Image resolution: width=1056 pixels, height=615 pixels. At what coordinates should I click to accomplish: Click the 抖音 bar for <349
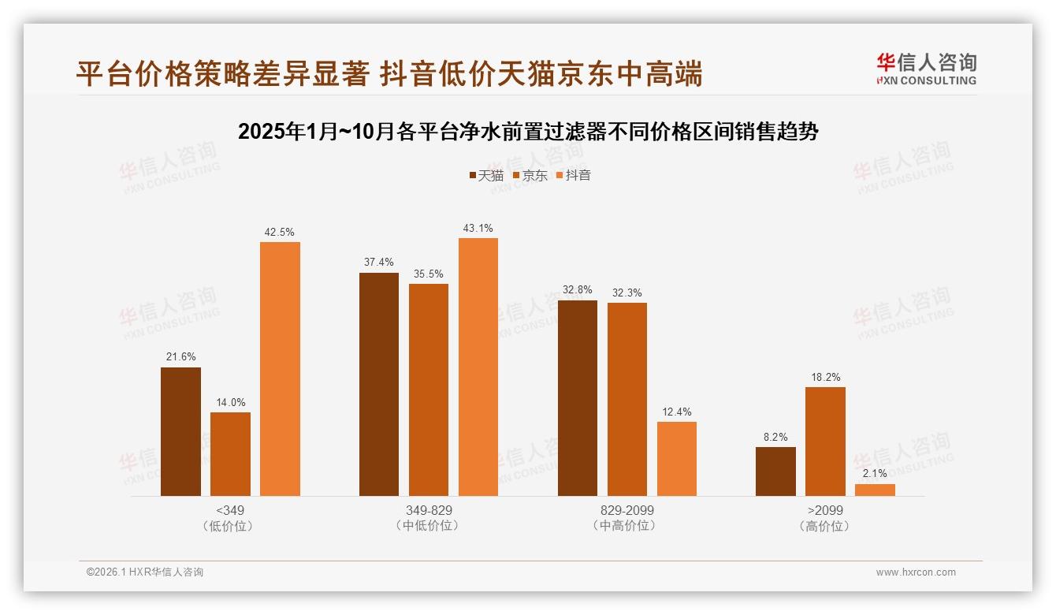click(x=280, y=369)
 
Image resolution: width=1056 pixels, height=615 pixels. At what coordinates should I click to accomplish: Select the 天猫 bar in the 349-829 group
click(x=379, y=385)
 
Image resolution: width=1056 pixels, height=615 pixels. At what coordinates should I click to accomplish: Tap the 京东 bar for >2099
click(x=825, y=442)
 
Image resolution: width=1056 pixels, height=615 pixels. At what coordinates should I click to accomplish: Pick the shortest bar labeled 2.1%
click(x=875, y=490)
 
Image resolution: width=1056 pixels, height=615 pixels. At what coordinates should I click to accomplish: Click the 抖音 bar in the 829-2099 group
click(x=677, y=459)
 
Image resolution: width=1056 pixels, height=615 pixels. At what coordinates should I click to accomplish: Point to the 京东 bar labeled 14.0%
click(x=230, y=454)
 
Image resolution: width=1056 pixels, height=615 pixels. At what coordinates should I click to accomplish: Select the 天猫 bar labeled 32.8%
click(x=578, y=398)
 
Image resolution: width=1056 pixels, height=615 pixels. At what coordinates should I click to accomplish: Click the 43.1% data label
click(x=478, y=229)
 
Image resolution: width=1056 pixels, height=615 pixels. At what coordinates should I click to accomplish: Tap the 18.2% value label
click(x=825, y=378)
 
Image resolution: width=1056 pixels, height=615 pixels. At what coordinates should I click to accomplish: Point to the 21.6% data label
click(x=180, y=357)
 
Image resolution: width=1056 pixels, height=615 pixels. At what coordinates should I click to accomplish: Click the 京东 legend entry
click(x=530, y=175)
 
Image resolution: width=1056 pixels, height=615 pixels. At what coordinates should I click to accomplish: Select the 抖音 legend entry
click(x=573, y=175)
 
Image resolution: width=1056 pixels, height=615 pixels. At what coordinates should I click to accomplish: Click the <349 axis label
click(x=229, y=510)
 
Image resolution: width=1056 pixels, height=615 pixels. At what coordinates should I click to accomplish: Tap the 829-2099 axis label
click(x=627, y=510)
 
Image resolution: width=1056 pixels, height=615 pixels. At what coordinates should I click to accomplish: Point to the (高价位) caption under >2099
click(x=824, y=526)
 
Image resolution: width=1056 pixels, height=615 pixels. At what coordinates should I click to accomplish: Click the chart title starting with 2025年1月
click(x=528, y=132)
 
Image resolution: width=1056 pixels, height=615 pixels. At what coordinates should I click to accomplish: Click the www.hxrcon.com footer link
click(x=916, y=572)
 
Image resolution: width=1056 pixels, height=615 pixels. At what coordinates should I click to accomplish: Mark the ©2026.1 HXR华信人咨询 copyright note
click(x=145, y=572)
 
